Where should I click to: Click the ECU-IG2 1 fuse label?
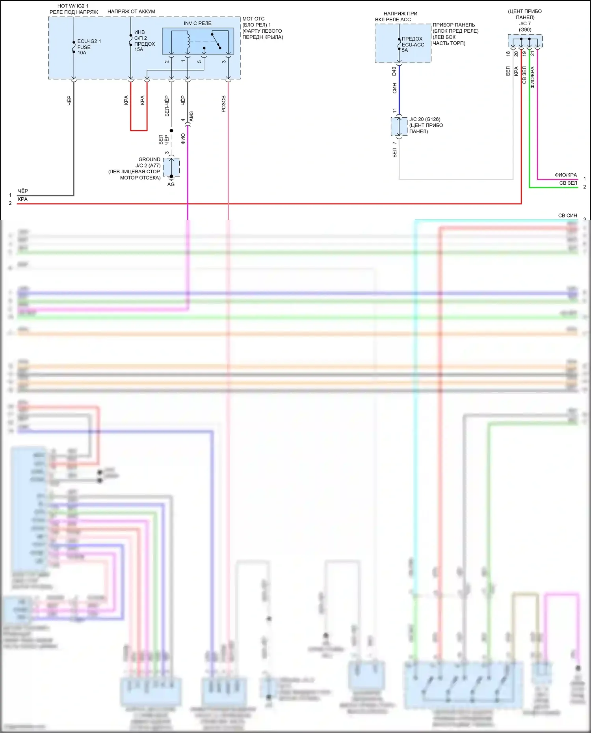click(89, 41)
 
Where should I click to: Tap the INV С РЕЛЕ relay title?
click(197, 23)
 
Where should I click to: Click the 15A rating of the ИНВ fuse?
click(139, 50)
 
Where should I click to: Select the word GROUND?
click(149, 160)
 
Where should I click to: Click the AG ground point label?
click(171, 184)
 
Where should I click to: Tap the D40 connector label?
click(394, 71)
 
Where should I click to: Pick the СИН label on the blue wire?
click(394, 88)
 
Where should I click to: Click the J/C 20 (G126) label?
click(425, 119)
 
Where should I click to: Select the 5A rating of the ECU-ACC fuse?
click(405, 50)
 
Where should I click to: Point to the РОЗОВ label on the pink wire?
click(224, 104)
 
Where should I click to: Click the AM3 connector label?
click(191, 117)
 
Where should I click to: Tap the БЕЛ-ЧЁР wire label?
click(167, 106)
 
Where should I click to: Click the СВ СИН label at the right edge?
click(567, 215)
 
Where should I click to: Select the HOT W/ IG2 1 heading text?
click(73, 6)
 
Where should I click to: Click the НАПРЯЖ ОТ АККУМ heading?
click(131, 12)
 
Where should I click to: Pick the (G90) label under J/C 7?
click(525, 30)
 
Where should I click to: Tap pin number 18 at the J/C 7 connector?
click(508, 54)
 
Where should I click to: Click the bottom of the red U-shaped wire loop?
click(139, 130)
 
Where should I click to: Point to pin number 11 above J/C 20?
click(394, 111)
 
